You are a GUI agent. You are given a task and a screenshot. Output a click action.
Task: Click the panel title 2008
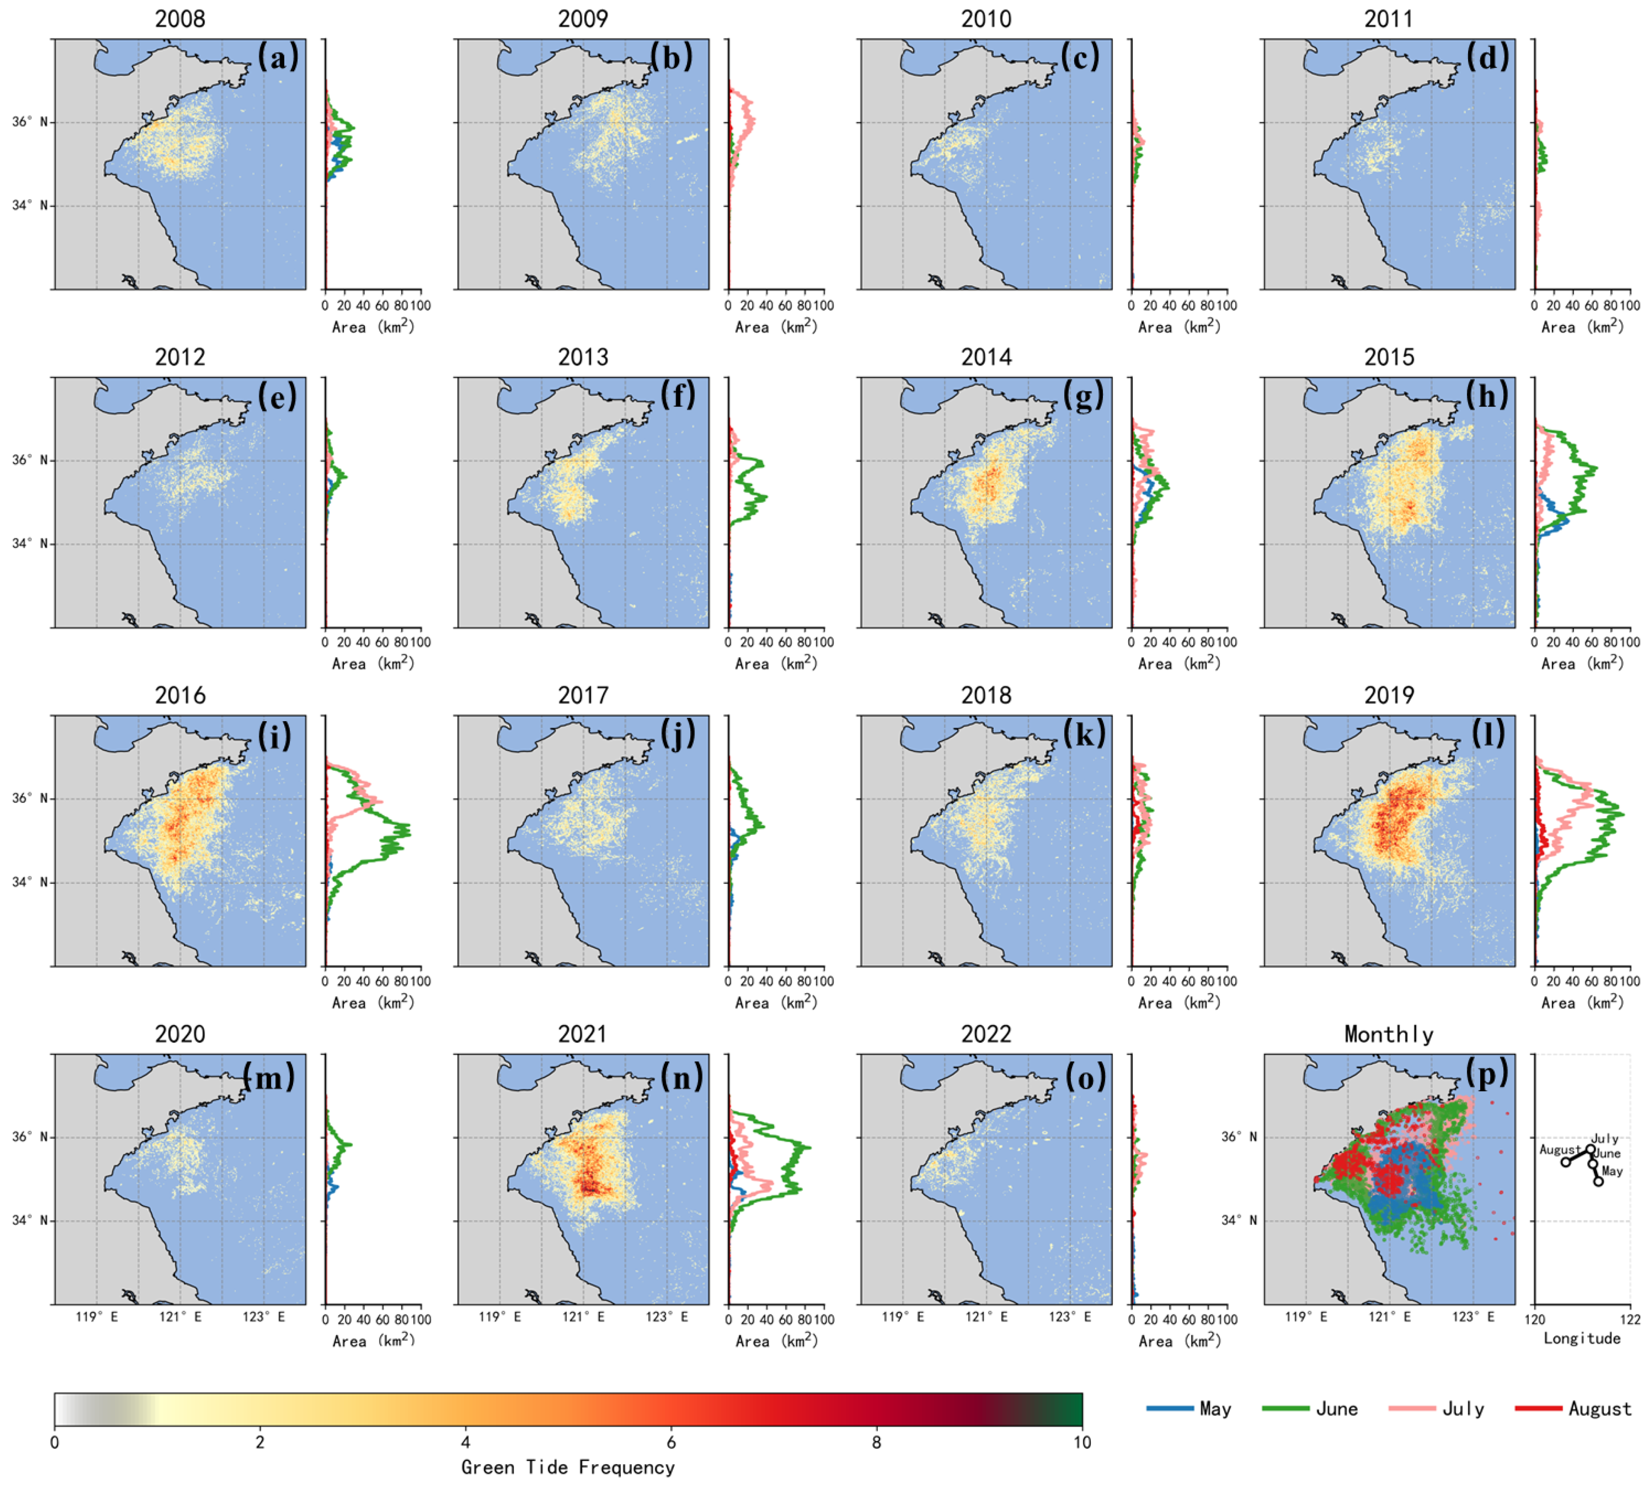(x=180, y=19)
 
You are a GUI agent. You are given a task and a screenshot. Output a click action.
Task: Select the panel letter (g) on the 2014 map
(x=1083, y=396)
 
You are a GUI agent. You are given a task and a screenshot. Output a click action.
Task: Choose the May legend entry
(x=1215, y=1408)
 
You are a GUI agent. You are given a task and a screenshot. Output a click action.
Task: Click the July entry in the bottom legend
(x=1463, y=1408)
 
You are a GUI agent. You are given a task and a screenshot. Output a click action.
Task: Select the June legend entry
(x=1336, y=1408)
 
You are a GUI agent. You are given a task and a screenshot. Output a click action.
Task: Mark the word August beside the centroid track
(x=1559, y=1150)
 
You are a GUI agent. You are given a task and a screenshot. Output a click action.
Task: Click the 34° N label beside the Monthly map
(x=1239, y=1220)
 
